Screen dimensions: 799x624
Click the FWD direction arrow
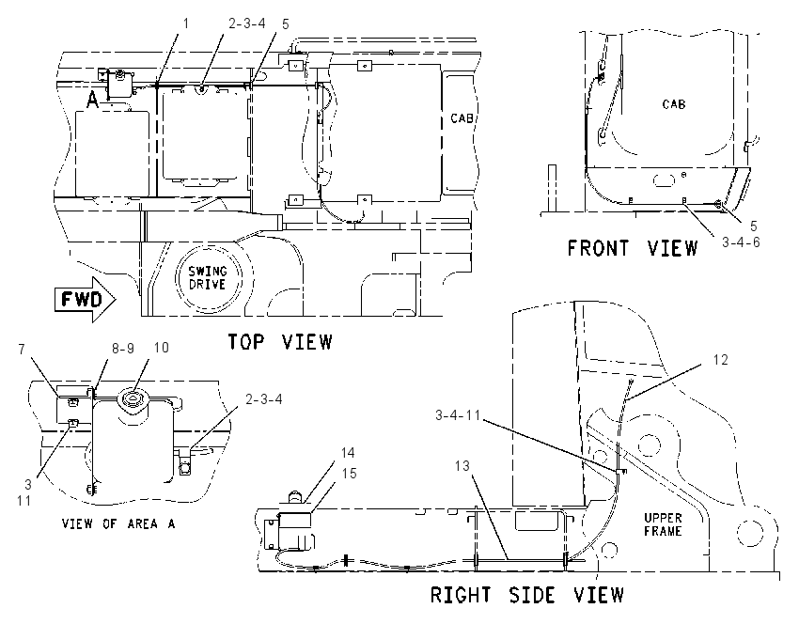[x=85, y=300]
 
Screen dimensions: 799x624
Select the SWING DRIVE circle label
[x=208, y=277]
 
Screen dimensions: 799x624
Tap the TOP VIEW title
[x=280, y=342]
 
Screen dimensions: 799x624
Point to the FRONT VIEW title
[x=633, y=248]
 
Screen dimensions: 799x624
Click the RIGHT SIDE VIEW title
[x=527, y=595]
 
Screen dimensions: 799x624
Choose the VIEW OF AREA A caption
[x=118, y=523]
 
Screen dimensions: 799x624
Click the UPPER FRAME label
[x=663, y=524]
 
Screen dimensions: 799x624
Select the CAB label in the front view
[x=674, y=104]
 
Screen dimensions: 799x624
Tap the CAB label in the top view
[x=462, y=118]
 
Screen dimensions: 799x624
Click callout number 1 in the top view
[x=186, y=23]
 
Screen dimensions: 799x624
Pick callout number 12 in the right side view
[x=721, y=360]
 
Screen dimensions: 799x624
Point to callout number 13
[x=462, y=465]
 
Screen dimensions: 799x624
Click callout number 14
[x=348, y=452]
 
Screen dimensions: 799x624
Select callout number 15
[x=349, y=474]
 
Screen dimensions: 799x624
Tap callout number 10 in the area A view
[x=161, y=348]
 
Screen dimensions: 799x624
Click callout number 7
[x=22, y=350]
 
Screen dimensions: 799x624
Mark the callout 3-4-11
[x=458, y=415]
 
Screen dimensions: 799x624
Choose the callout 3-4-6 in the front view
[x=741, y=242]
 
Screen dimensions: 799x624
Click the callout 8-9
[x=123, y=348]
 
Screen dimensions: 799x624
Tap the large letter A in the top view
[x=92, y=100]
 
